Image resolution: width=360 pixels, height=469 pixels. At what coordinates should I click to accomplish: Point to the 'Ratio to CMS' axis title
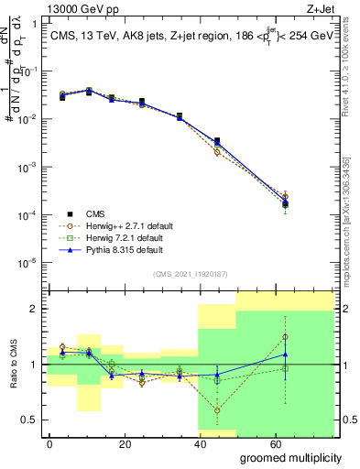(x=12, y=365)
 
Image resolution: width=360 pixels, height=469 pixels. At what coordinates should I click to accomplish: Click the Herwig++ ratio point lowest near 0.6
(x=217, y=410)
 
